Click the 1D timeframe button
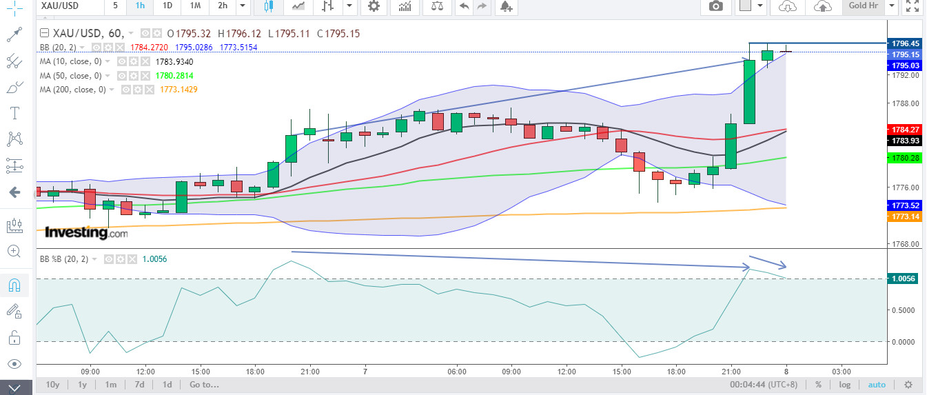point(167,6)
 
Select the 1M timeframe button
point(195,6)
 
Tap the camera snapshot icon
point(716,6)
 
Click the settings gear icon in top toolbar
point(374,6)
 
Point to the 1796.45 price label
point(905,43)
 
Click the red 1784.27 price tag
point(905,130)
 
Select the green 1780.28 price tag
point(905,158)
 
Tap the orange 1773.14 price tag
point(905,216)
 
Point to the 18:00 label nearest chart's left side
point(255,372)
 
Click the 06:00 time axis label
point(457,372)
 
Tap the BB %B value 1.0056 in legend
point(154,259)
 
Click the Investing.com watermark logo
point(86,233)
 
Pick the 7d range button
point(140,385)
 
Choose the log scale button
point(844,385)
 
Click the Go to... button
point(204,385)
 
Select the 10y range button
point(52,385)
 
